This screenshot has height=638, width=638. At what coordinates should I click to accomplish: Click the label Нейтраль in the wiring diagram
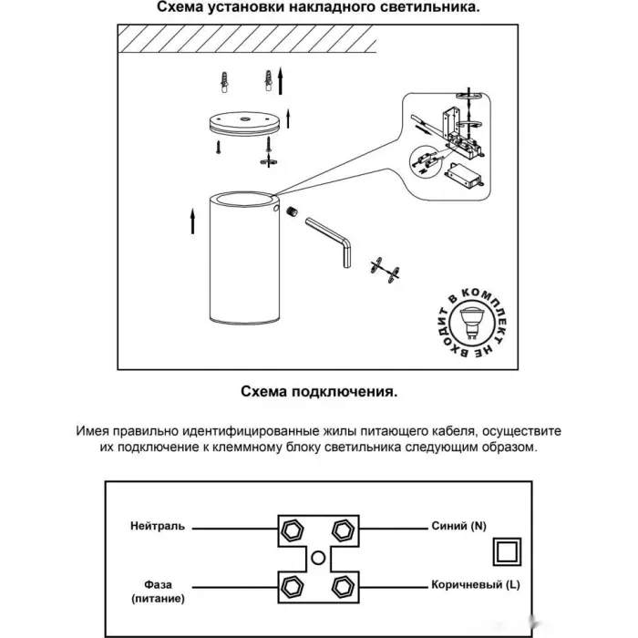[157, 527]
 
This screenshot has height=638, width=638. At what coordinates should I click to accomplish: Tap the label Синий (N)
[462, 527]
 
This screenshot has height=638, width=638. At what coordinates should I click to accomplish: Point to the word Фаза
[158, 584]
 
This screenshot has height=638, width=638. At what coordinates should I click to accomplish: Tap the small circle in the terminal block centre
[318, 557]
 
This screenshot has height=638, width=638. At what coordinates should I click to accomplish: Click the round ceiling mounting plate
[242, 122]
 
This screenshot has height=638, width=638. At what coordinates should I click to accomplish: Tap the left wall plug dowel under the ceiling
[223, 84]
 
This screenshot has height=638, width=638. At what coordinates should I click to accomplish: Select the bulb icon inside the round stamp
[472, 322]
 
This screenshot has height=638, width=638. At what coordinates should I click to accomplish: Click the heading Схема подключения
[319, 393]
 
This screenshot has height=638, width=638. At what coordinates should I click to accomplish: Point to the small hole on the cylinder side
[274, 208]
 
